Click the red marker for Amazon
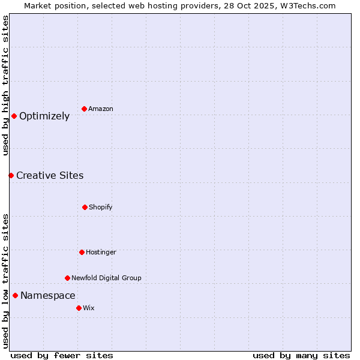click(x=84, y=109)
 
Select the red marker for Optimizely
click(x=14, y=116)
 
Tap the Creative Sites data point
click(x=11, y=175)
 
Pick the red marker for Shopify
click(x=85, y=207)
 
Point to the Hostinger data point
click(x=82, y=252)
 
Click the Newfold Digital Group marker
click(x=67, y=278)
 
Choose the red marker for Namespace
click(x=15, y=295)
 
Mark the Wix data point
click(x=79, y=308)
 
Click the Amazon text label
click(x=101, y=109)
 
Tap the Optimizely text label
click(x=44, y=116)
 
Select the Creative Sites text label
click(x=50, y=175)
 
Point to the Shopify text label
click(x=101, y=207)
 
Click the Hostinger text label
click(x=101, y=252)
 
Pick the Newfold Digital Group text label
click(x=106, y=278)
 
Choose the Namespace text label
click(x=48, y=295)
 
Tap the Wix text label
click(x=89, y=308)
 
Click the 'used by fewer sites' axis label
click(x=62, y=355)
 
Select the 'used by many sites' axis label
click(x=301, y=355)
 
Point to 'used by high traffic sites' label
click(x=5, y=85)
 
